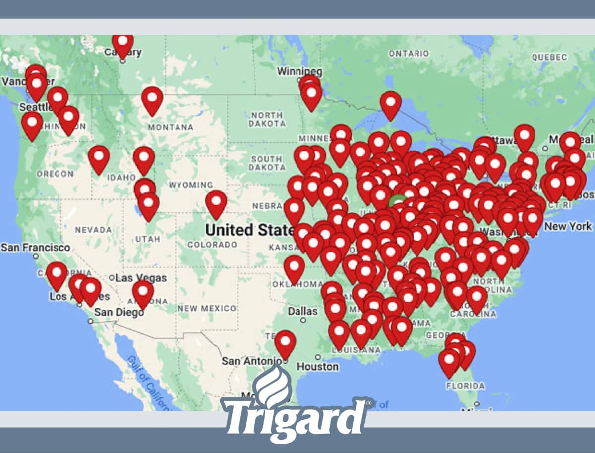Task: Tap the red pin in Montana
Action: [x=152, y=99]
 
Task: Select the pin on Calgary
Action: [x=122, y=44]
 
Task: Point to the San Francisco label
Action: [x=36, y=247]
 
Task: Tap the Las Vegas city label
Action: [x=141, y=278]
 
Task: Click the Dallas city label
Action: [x=302, y=311]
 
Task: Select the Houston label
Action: [x=318, y=367]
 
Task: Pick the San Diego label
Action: [x=119, y=312]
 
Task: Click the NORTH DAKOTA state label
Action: [x=266, y=119]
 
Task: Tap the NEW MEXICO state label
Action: [x=207, y=308]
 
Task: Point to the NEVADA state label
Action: [x=93, y=230]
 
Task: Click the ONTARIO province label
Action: [x=409, y=53]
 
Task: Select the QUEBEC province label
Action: [x=549, y=57]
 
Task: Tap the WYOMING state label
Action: [x=190, y=185]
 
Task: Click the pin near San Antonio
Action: [x=285, y=343]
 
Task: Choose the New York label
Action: [x=568, y=226]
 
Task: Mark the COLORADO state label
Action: [x=212, y=245]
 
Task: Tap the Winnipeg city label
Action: [x=299, y=71]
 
